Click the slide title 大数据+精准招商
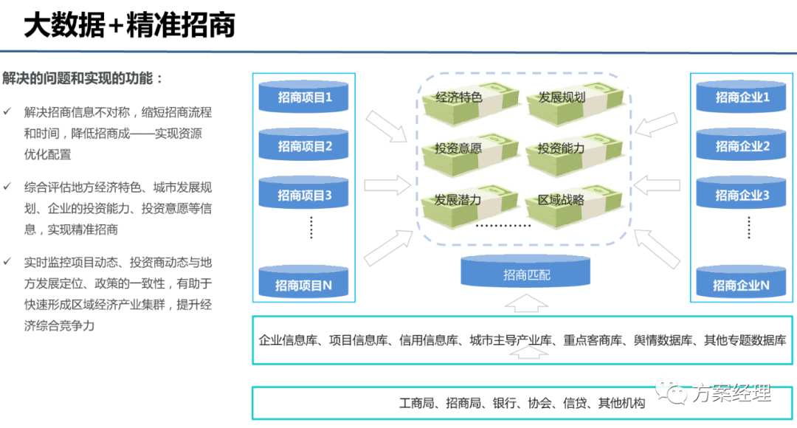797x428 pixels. pyautogui.click(x=129, y=26)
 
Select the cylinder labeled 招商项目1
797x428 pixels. pyautogui.click(x=305, y=97)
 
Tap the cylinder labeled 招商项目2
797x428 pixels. pyautogui.click(x=305, y=146)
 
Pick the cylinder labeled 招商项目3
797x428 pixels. pyautogui.click(x=305, y=196)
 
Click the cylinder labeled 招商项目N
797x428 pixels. pyautogui.click(x=305, y=285)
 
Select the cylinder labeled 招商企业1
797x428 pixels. pyautogui.click(x=742, y=97)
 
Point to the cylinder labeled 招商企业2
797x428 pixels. pyautogui.click(x=742, y=146)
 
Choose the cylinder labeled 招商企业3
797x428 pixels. pyautogui.click(x=742, y=196)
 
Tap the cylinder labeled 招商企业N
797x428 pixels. pyautogui.click(x=742, y=285)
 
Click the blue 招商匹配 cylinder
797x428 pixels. pyautogui.click(x=527, y=275)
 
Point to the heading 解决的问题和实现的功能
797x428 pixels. pyautogui.click(x=83, y=78)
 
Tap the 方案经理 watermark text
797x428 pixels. pyautogui.click(x=731, y=393)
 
